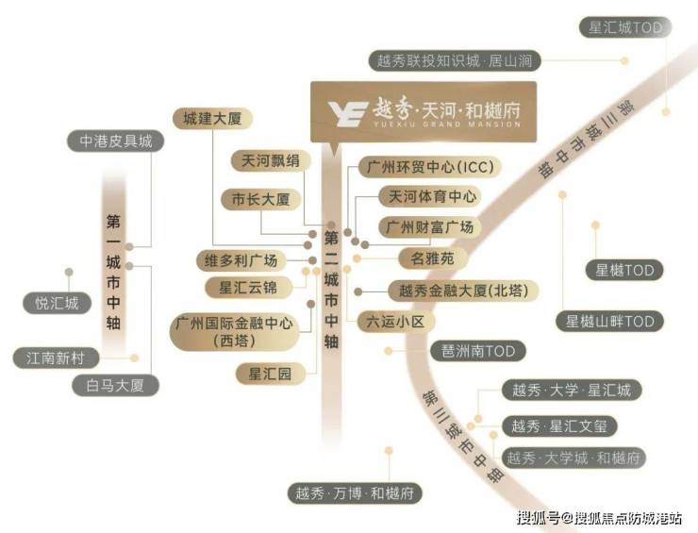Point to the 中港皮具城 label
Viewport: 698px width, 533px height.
115,142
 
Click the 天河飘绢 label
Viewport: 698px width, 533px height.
270,160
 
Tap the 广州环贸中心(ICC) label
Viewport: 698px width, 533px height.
428,168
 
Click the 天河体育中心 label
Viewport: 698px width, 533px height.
428,197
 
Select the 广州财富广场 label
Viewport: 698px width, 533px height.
429,227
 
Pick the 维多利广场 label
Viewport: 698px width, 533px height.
236,260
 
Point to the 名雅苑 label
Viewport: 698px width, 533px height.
431,257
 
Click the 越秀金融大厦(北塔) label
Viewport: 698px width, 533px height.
464,291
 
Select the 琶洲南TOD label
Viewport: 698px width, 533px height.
478,351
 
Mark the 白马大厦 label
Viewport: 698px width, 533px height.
116,385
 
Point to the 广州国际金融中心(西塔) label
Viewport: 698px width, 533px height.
231,330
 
